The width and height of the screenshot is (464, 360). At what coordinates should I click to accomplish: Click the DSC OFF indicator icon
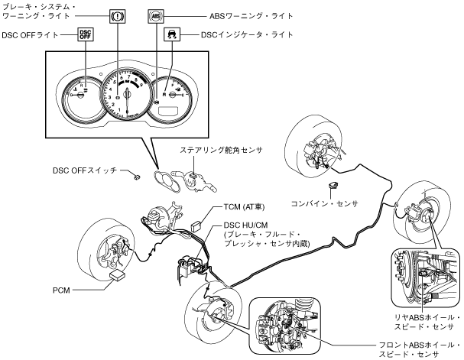click(x=86, y=35)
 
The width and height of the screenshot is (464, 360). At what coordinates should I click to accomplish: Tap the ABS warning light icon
click(x=156, y=15)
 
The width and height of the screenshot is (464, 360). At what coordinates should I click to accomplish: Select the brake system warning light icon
click(x=118, y=15)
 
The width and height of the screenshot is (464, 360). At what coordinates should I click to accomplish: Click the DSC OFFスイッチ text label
click(x=84, y=170)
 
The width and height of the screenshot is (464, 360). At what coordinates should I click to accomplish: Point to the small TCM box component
click(x=196, y=225)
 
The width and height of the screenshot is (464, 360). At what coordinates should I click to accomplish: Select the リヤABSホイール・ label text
click(x=422, y=316)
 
